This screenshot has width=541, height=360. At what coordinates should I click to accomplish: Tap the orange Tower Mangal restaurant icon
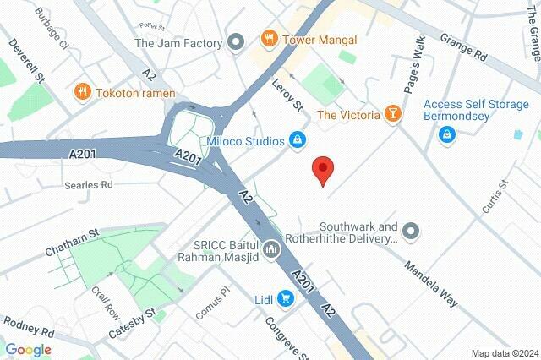(x=269, y=39)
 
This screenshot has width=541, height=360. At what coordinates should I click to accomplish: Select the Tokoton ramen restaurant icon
(x=83, y=91)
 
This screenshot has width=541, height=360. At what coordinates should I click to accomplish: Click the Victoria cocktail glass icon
(x=392, y=114)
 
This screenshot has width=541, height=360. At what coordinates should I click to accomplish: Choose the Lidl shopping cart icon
(x=286, y=298)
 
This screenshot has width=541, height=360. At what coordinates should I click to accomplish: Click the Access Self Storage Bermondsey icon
(x=445, y=134)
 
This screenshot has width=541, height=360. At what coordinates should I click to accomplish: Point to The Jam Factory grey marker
(x=237, y=41)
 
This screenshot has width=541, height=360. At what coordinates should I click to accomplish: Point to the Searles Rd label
(x=88, y=184)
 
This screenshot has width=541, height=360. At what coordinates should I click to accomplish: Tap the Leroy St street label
(x=287, y=95)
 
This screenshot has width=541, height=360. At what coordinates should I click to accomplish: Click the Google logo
(x=28, y=349)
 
